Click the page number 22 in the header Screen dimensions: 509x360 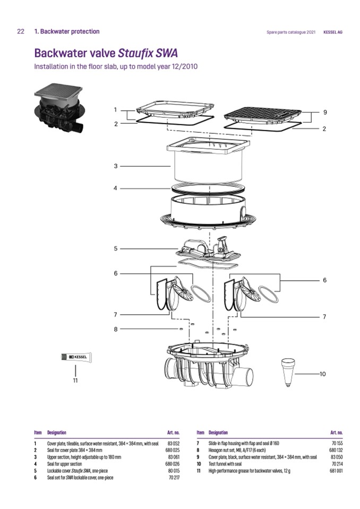(x=21, y=31)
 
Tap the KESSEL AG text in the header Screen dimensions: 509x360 (x=333, y=32)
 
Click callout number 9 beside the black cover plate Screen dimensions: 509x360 (x=324, y=113)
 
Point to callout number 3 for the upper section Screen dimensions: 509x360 (x=115, y=166)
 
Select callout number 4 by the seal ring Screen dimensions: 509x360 (x=115, y=188)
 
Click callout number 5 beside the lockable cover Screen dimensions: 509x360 (x=115, y=248)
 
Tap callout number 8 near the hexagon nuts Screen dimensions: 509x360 (x=115, y=329)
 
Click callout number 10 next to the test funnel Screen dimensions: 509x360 (x=323, y=374)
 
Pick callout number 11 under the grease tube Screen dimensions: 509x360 (x=75, y=380)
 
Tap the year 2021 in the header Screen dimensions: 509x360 (x=311, y=32)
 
